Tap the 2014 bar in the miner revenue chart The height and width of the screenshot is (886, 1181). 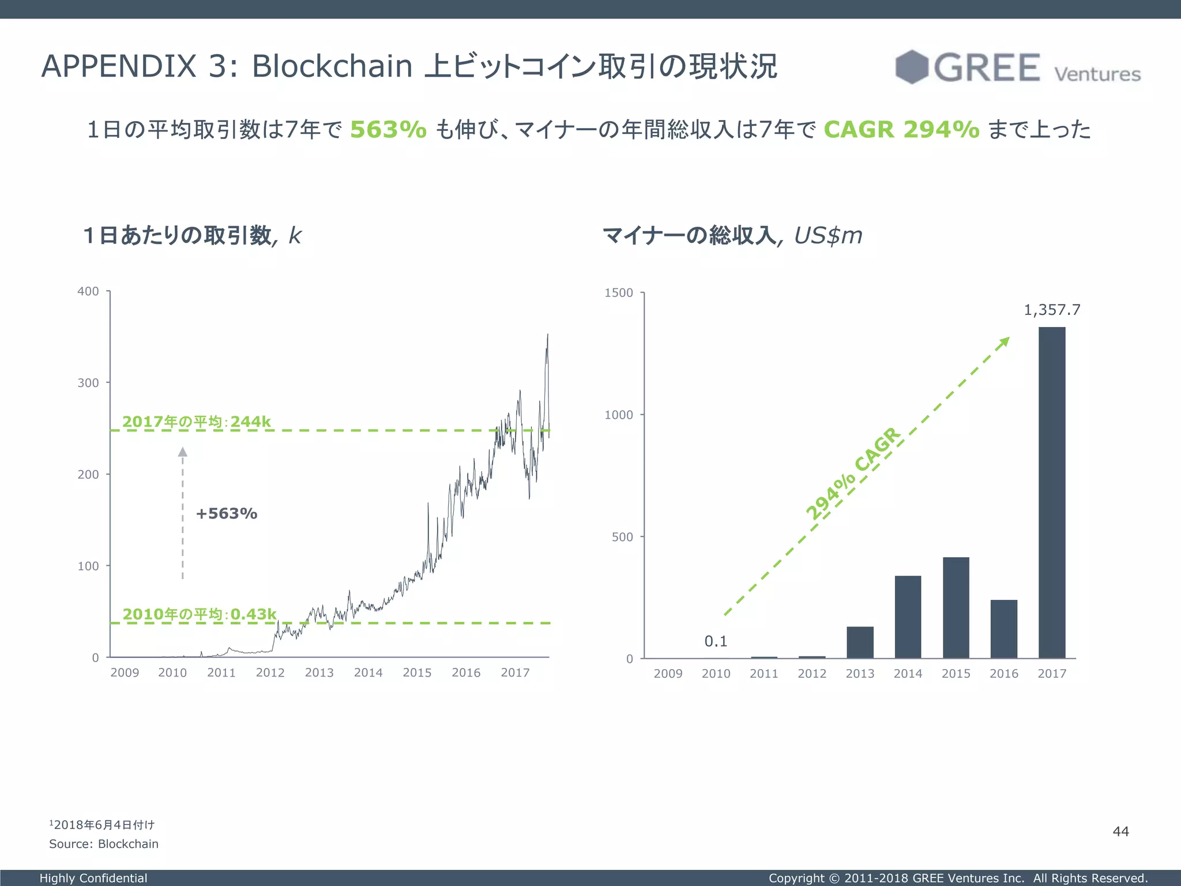pyautogui.click(x=908, y=617)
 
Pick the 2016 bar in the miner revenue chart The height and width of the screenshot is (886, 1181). pyautogui.click(x=1003, y=629)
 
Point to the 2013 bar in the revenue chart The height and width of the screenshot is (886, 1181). pyautogui.click(x=860, y=642)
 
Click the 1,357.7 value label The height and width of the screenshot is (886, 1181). pyautogui.click(x=1052, y=310)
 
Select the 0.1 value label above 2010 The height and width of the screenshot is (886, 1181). pyautogui.click(x=716, y=641)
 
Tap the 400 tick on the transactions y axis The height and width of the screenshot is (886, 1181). pyautogui.click(x=88, y=291)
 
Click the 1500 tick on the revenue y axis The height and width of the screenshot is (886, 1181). pyautogui.click(x=619, y=293)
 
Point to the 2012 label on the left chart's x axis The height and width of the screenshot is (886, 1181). pyautogui.click(x=270, y=673)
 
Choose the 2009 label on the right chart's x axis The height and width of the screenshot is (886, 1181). pyautogui.click(x=668, y=674)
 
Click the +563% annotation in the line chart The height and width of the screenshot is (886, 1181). pyautogui.click(x=227, y=513)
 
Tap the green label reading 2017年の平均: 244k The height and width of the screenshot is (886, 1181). pyautogui.click(x=197, y=422)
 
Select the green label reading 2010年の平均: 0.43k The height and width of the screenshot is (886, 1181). pyautogui.click(x=200, y=614)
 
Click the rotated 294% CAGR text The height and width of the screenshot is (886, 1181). pyautogui.click(x=852, y=474)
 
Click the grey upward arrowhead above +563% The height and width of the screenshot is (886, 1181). pyautogui.click(x=183, y=452)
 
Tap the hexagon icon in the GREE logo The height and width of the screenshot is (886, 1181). pyautogui.click(x=912, y=67)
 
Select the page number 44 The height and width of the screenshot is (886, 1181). pyautogui.click(x=1120, y=831)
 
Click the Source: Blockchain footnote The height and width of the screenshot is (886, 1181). pyautogui.click(x=104, y=844)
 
